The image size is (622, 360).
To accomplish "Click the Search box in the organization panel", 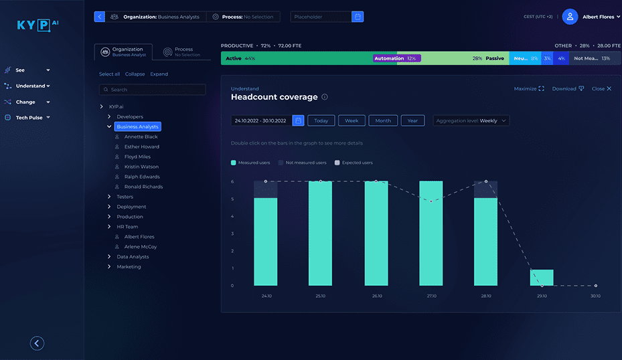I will (x=152, y=90).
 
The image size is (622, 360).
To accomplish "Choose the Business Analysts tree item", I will (x=137, y=126).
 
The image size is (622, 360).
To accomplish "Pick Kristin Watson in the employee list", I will (x=141, y=167).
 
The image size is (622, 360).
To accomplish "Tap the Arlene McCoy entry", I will (x=141, y=247).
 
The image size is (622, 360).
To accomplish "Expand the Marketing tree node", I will (x=110, y=267).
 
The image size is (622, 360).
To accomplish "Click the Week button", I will (x=351, y=121).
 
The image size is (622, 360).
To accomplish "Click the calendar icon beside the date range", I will (x=298, y=121).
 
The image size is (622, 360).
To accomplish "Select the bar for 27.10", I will (x=431, y=233).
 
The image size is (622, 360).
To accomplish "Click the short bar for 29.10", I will (x=542, y=278).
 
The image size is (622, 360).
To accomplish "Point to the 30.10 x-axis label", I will (x=596, y=296).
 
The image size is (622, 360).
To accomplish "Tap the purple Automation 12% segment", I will (x=396, y=58).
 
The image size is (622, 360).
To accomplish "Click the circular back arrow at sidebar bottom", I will (x=37, y=343).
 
